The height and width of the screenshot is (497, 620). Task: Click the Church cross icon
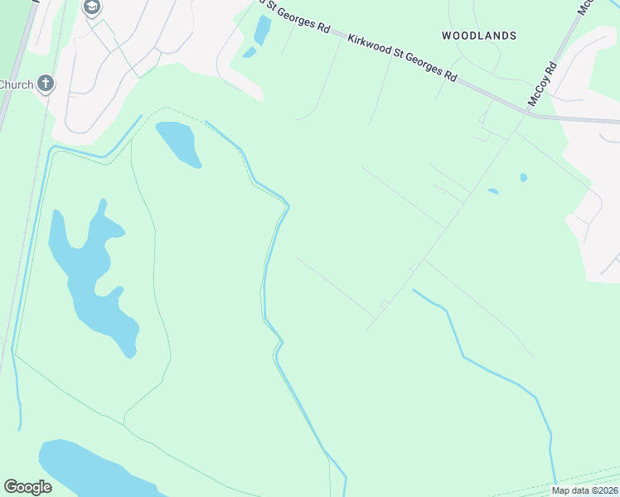(x=46, y=84)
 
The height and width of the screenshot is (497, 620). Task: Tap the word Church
(x=17, y=84)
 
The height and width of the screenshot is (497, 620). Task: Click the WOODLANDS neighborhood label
(x=479, y=36)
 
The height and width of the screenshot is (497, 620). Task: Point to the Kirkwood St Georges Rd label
(x=402, y=57)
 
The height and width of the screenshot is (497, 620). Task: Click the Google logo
(x=27, y=487)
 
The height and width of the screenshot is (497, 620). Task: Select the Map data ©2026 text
(x=584, y=490)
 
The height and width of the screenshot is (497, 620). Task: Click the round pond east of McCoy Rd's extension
(x=523, y=177)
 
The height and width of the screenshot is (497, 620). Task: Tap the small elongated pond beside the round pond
(x=493, y=191)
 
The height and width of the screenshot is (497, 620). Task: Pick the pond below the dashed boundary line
(x=179, y=143)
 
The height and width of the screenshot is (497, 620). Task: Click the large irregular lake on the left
(x=91, y=273)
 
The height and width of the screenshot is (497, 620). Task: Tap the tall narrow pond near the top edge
(x=263, y=31)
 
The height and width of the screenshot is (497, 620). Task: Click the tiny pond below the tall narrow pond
(x=249, y=53)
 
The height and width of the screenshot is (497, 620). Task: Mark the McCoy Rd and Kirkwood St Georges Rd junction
(x=528, y=113)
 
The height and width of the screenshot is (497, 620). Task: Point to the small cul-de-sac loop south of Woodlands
(x=384, y=305)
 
